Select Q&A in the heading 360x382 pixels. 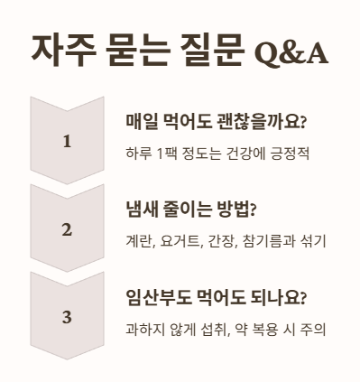pos(291,52)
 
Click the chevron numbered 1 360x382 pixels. pos(67,141)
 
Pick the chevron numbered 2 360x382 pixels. pos(67,229)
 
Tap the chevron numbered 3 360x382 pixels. pos(67,317)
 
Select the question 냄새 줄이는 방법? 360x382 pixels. pos(191,210)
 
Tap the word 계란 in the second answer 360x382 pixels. pos(139,240)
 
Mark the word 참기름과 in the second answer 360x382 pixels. pos(273,240)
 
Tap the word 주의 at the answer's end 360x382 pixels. pos(314,328)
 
